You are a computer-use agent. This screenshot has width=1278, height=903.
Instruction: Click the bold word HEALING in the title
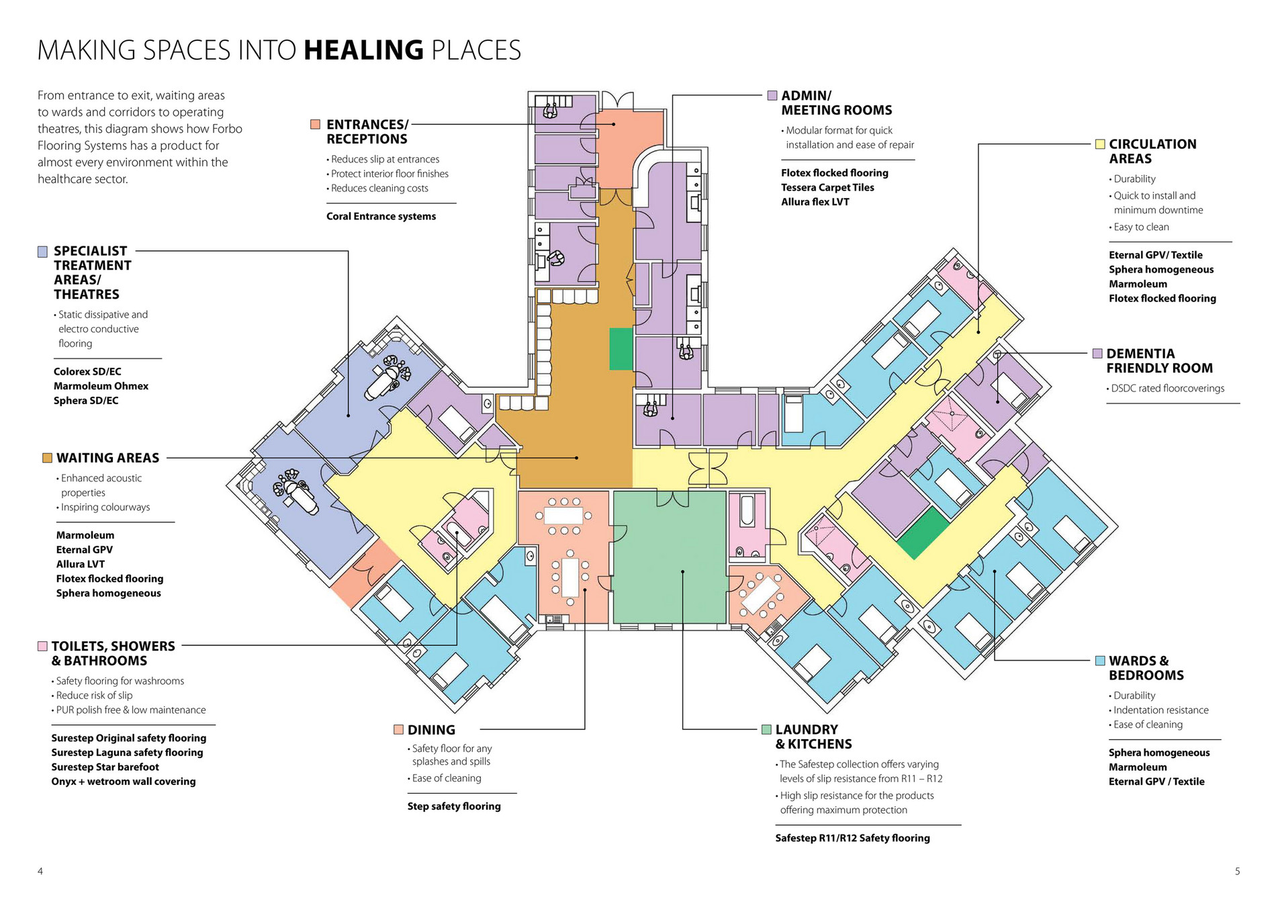(363, 50)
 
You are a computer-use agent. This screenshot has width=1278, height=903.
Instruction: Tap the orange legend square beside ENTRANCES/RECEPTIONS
(315, 124)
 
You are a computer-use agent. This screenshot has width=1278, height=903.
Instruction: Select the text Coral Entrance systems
(381, 216)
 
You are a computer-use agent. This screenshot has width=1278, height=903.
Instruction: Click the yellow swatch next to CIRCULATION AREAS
(1100, 144)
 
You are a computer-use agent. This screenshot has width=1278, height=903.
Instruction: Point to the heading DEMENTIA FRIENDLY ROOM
(1159, 361)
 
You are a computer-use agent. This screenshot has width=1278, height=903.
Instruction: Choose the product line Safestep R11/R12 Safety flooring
(852, 838)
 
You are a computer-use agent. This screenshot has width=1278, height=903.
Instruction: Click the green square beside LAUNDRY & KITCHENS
(766, 730)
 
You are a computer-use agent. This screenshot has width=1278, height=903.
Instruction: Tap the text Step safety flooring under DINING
(454, 806)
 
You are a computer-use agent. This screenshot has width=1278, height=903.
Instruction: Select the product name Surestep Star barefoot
(105, 767)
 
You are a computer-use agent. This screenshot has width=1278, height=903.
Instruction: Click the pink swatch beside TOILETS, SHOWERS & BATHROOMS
(43, 646)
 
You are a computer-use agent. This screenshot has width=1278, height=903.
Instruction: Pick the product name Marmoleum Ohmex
(101, 386)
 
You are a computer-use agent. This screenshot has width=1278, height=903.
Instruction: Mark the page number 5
(1237, 871)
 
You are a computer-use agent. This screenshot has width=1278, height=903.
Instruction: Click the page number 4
(40, 871)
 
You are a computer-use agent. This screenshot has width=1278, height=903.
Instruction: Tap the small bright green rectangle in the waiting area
(621, 349)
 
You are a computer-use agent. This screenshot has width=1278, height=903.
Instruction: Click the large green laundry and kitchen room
(669, 557)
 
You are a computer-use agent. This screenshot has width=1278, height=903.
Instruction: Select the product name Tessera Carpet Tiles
(827, 187)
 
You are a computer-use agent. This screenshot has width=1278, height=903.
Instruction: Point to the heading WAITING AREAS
(107, 458)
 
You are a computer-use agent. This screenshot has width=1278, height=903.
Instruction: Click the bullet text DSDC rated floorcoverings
(1167, 388)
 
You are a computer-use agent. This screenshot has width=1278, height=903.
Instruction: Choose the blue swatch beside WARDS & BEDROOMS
(1100, 661)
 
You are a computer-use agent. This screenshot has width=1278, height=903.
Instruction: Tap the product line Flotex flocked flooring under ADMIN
(834, 173)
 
